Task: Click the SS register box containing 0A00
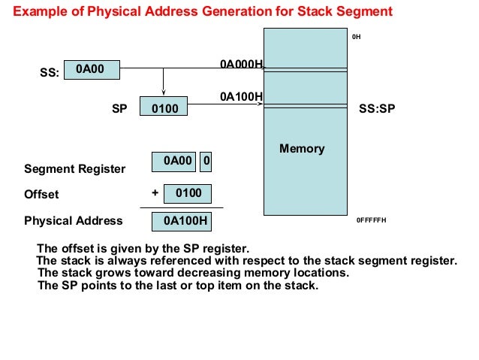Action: pyautogui.click(x=92, y=69)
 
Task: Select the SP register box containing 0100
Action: pyautogui.click(x=164, y=109)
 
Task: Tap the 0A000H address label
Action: pyautogui.click(x=240, y=65)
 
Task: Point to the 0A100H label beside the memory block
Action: pyautogui.click(x=240, y=96)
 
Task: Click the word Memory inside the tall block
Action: pyautogui.click(x=302, y=148)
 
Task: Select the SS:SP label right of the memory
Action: pyautogui.click(x=377, y=109)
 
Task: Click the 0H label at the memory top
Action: pyautogui.click(x=357, y=36)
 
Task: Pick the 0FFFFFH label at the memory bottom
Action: pyautogui.click(x=371, y=221)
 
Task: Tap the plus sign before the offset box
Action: pyautogui.click(x=155, y=192)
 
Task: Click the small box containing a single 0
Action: pyautogui.click(x=206, y=161)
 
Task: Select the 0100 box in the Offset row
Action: pyautogui.click(x=188, y=193)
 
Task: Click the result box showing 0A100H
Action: pyautogui.click(x=181, y=221)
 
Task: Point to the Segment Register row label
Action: pyautogui.click(x=74, y=169)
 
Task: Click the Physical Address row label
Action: pyautogui.click(x=73, y=221)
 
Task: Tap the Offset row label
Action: pyautogui.click(x=41, y=195)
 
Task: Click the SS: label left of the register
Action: pyautogui.click(x=49, y=74)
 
